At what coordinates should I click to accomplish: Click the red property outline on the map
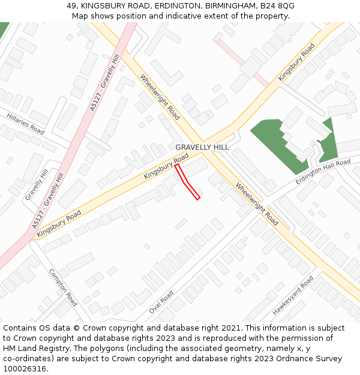coord(187,181)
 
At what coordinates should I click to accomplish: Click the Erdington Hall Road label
coord(323,172)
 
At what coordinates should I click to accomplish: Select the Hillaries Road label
coord(25,123)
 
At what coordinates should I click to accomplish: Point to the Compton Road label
coord(63,287)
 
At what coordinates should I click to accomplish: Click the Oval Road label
coord(161,302)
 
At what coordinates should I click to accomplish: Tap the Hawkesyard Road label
coord(293,296)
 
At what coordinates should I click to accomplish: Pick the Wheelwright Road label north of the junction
coord(160,97)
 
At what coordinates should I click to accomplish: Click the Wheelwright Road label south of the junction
coord(257,204)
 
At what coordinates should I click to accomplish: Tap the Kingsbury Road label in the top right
coord(296,62)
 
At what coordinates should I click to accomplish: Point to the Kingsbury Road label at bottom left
coord(59,223)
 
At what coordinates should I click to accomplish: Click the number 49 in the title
coord(72,5)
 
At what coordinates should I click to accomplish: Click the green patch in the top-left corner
coord(4,28)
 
